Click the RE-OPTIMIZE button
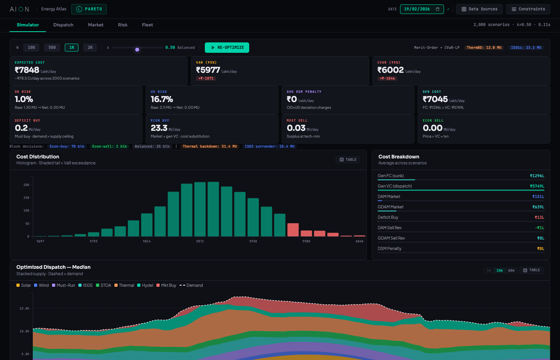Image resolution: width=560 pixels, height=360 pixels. point(227,48)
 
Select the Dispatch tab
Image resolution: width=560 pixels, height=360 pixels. point(63,25)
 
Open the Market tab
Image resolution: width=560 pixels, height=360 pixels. point(96,25)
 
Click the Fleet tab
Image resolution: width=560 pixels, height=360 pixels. point(147,25)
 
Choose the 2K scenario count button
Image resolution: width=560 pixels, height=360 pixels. point(90,48)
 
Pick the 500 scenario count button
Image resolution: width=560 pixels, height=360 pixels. point(52,48)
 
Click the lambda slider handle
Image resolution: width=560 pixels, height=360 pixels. point(137,49)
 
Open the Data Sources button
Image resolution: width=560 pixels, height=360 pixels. point(480,9)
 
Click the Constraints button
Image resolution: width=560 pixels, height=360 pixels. point(528,9)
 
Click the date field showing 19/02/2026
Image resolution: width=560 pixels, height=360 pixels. point(422,9)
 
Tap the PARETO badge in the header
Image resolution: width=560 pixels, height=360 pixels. point(89,9)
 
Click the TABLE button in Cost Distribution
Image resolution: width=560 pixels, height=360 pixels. point(348,160)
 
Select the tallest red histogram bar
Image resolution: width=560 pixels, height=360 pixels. point(293,230)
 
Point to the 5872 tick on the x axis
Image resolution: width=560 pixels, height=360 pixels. point(200,241)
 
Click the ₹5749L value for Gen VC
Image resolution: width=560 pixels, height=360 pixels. point(537,186)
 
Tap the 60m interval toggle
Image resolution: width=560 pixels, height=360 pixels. point(511,270)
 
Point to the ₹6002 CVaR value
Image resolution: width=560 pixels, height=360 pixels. point(390,70)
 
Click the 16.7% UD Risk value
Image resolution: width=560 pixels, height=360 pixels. point(162,99)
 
